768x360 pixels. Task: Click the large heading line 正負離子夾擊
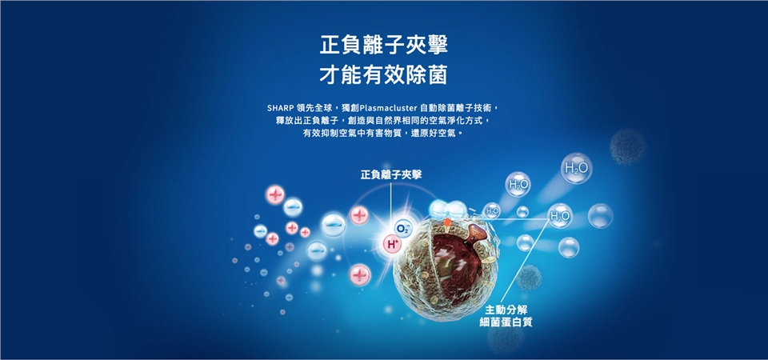point(383,46)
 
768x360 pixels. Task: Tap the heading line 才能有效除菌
point(383,76)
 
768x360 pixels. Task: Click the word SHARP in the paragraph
point(280,108)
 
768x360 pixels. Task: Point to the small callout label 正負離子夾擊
point(391,175)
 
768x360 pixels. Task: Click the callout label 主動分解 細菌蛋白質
point(506,316)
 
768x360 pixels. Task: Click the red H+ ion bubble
point(392,243)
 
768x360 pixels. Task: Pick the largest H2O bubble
point(577,169)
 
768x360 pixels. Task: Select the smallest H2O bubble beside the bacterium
point(492,210)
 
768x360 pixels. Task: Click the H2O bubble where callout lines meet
point(560,216)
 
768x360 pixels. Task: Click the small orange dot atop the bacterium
point(446,222)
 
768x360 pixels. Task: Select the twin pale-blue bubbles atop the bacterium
point(448,209)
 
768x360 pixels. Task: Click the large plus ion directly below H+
point(361,274)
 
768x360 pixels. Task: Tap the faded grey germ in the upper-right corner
point(627,146)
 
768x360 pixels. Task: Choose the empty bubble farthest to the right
point(600,216)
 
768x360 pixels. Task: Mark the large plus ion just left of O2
point(359,215)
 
